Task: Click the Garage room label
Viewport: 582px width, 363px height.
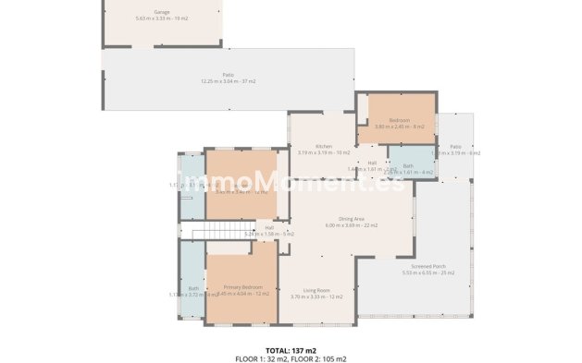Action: (x=161, y=12)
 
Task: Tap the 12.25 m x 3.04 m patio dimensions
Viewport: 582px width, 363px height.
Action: (x=228, y=81)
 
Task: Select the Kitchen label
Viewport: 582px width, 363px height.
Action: (x=323, y=147)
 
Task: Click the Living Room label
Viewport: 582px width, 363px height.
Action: (x=316, y=290)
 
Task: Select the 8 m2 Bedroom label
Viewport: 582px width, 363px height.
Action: (x=399, y=120)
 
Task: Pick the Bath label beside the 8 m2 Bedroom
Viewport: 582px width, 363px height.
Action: (x=407, y=165)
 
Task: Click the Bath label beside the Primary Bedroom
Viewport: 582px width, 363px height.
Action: (x=193, y=288)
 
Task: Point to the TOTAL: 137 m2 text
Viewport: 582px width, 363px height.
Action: (x=291, y=350)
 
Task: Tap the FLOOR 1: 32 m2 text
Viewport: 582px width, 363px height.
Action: (x=262, y=357)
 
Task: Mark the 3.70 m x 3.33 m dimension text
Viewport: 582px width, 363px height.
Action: (x=316, y=296)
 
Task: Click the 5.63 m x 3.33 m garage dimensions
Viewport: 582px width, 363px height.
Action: (x=161, y=18)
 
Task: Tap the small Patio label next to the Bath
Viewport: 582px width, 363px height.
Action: (x=455, y=146)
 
